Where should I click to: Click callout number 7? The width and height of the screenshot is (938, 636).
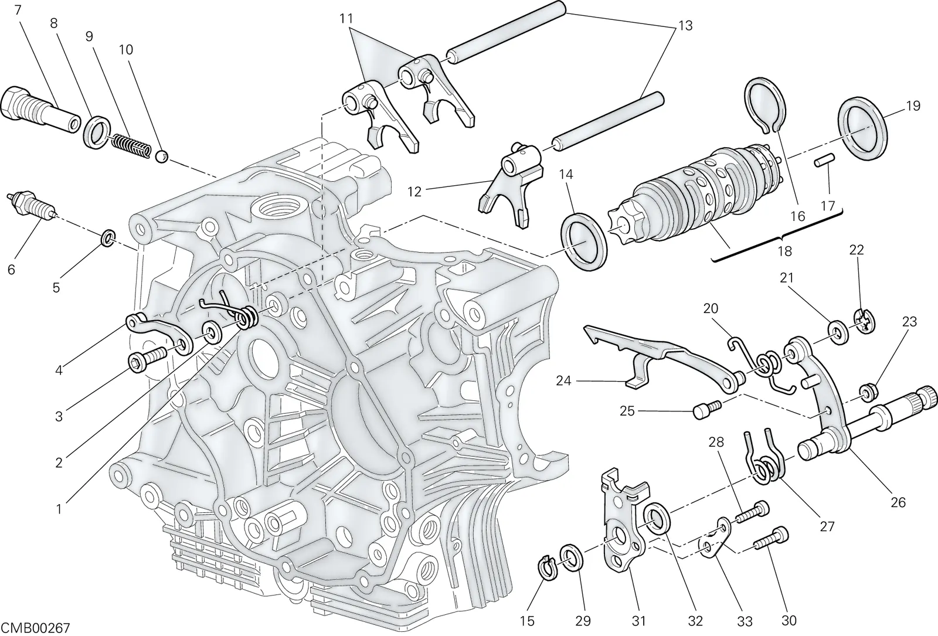click(18, 9)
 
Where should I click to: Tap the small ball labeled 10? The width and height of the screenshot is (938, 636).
click(162, 157)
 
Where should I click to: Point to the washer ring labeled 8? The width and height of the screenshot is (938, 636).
click(97, 133)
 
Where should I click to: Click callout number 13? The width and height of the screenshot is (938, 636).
click(685, 26)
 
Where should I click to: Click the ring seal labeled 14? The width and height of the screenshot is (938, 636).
click(583, 242)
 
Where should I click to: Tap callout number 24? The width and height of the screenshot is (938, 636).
click(563, 381)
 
